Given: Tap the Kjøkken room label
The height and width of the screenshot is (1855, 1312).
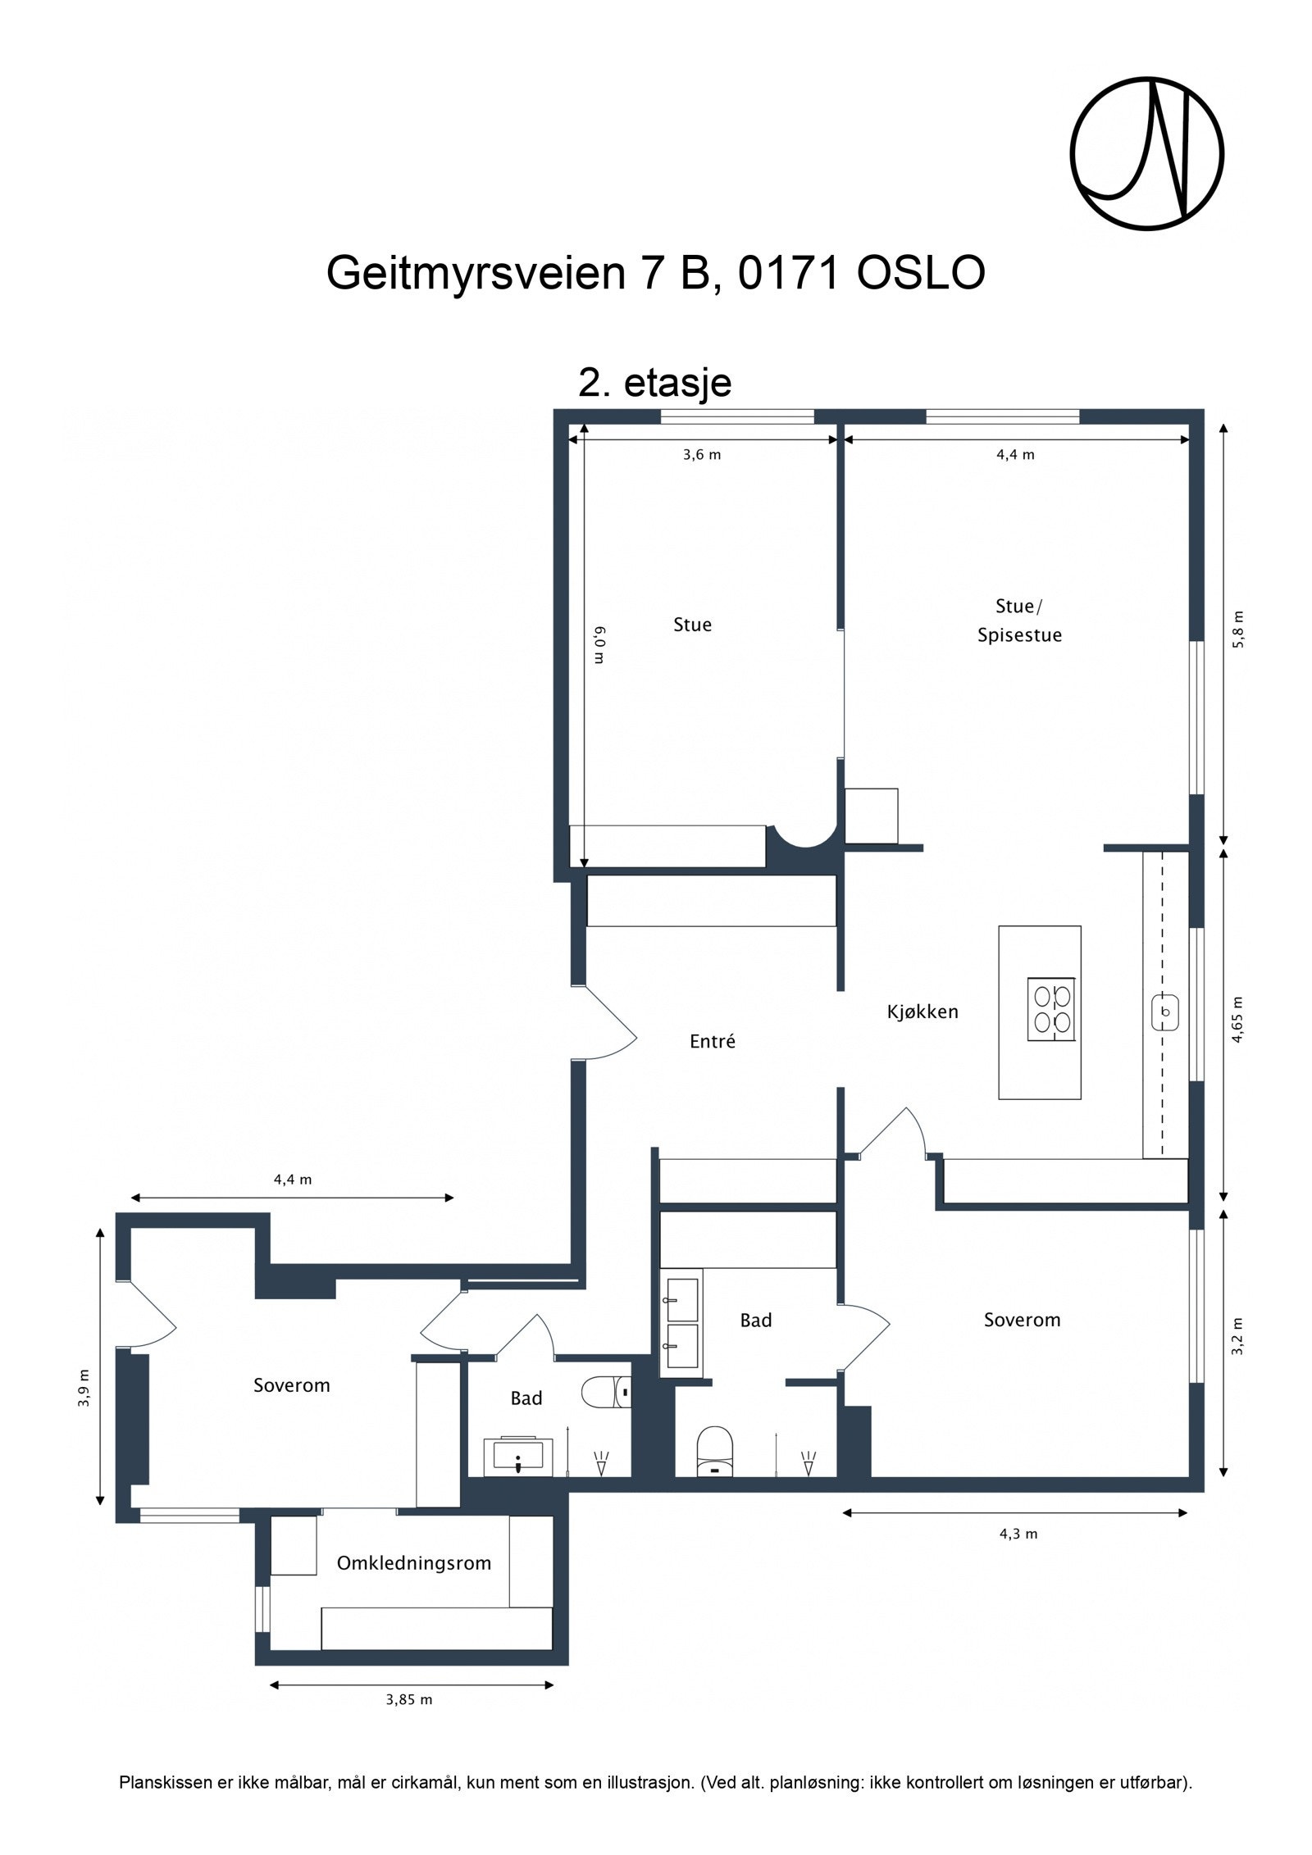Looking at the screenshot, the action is [x=922, y=1012].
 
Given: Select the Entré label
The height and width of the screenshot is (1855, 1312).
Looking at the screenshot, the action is [x=712, y=1041].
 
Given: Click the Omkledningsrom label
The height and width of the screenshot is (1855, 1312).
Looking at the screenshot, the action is [x=414, y=1563].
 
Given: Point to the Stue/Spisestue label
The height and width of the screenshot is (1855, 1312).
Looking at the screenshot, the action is [x=1019, y=621].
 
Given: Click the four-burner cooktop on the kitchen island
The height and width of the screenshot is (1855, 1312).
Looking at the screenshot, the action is [x=1052, y=1009].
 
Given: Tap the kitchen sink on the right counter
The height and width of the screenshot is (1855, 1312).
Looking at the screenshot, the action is [x=1165, y=1011].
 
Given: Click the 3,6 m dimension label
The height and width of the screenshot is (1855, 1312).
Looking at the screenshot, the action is [x=702, y=455].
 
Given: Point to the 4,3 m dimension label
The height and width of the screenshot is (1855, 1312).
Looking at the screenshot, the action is [x=1018, y=1534].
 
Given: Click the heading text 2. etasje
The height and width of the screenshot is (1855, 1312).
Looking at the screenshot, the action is [x=654, y=382].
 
